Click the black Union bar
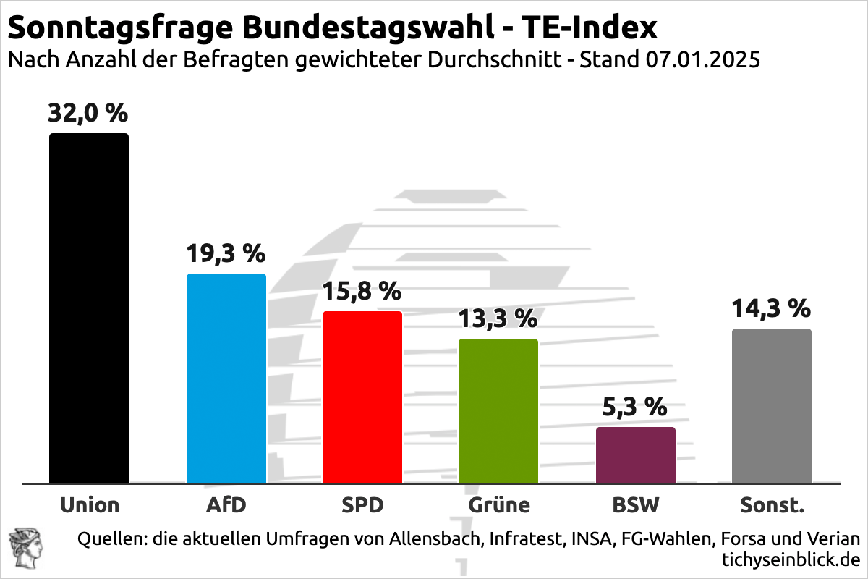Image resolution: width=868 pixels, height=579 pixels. (x=89, y=308)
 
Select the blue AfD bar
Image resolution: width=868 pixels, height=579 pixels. (x=226, y=379)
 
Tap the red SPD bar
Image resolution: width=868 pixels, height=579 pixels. (x=362, y=397)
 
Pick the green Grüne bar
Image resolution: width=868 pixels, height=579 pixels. (x=498, y=411)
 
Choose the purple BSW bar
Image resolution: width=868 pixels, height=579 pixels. (x=636, y=455)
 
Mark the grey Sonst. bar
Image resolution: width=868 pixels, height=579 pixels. (x=772, y=406)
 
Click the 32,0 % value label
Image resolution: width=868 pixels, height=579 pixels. (x=88, y=114)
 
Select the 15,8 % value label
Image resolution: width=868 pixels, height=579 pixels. (x=362, y=291)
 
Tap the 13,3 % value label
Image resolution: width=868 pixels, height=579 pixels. (x=498, y=318)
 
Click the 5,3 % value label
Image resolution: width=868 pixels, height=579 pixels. (x=635, y=407)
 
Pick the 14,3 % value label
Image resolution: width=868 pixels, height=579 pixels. (x=771, y=308)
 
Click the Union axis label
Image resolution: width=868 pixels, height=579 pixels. (x=90, y=504)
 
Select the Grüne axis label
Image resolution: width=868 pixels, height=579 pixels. (x=498, y=504)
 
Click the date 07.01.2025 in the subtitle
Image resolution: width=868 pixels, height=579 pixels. (x=700, y=60)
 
